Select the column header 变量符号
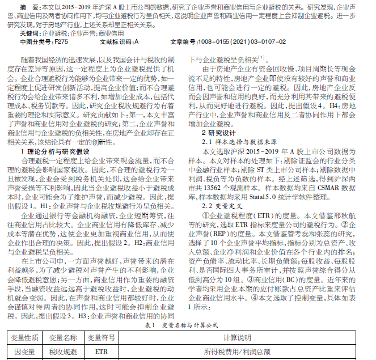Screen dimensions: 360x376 [102, 338]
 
